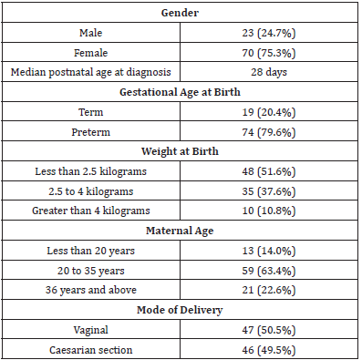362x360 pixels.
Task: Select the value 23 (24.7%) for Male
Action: click(x=271, y=35)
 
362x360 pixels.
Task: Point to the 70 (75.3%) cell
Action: click(x=271, y=54)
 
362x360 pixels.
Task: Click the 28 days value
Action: click(x=271, y=73)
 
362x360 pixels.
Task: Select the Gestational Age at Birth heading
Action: click(x=180, y=93)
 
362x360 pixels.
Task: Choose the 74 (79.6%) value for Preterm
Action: click(x=271, y=131)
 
